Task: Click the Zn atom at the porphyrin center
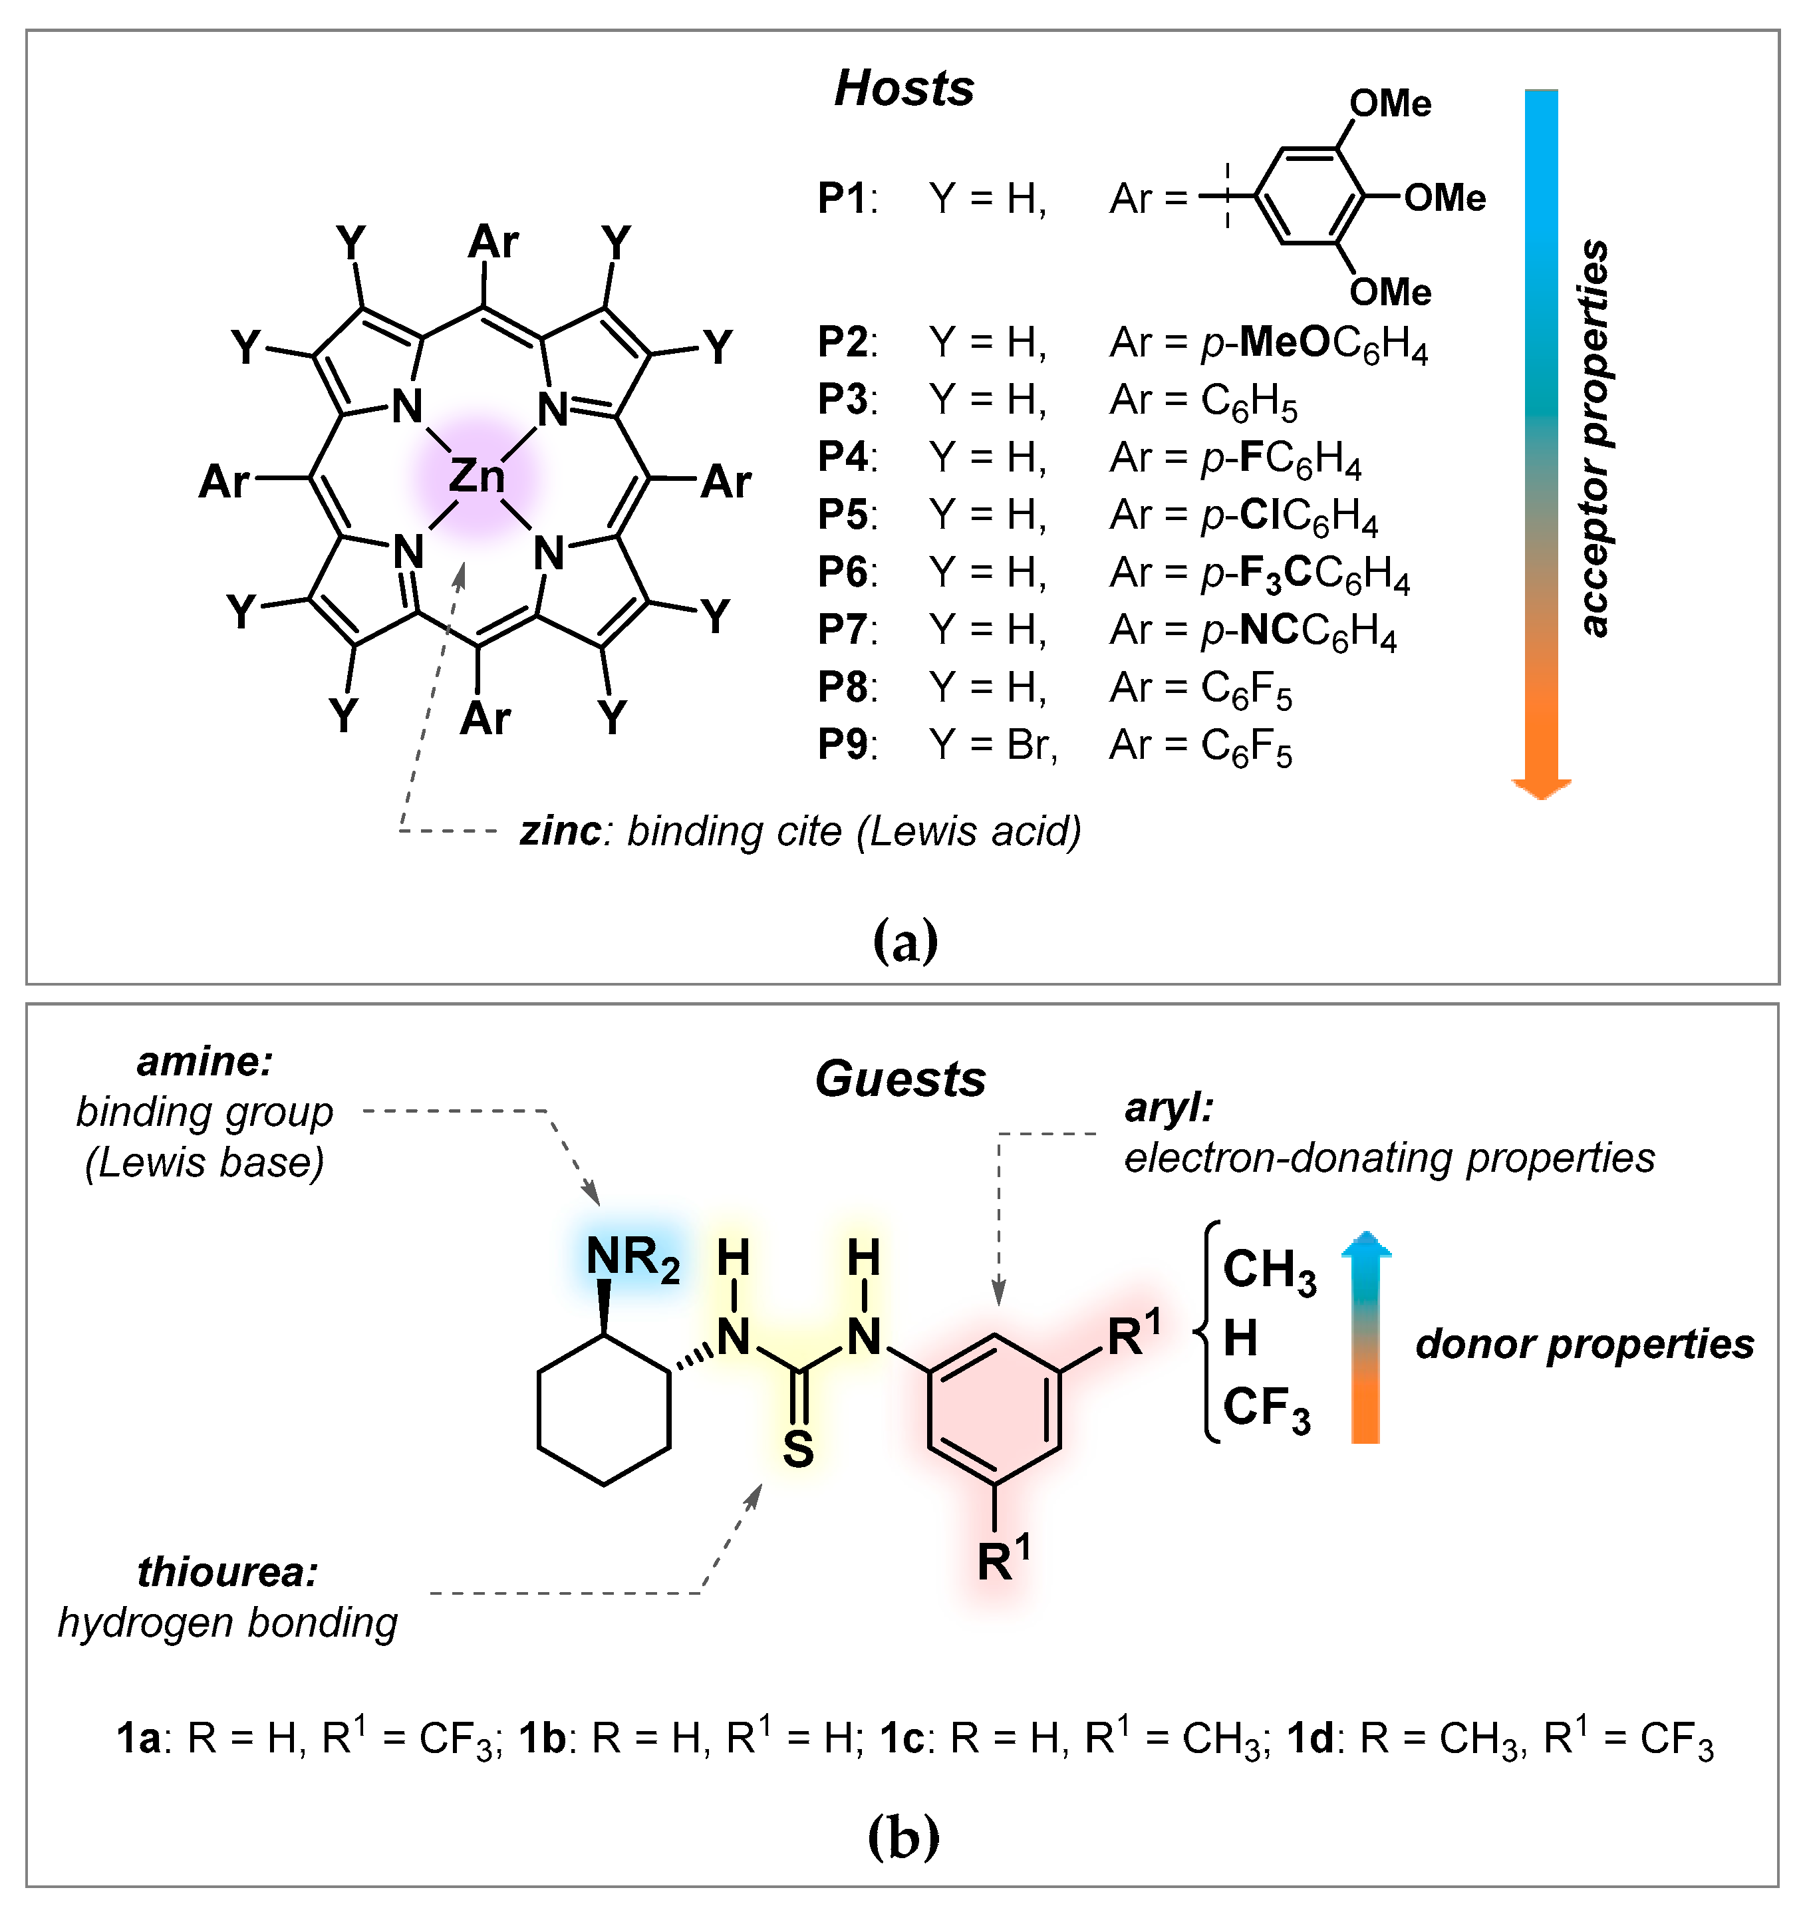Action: point(477,476)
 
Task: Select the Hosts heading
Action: point(903,88)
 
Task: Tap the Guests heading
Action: point(901,1079)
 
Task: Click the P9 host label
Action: point(843,745)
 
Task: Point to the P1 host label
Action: point(843,199)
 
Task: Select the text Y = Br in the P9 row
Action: point(992,745)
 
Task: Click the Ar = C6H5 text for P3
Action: point(1202,400)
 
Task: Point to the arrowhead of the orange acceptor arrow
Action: point(1540,787)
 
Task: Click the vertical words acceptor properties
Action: point(1594,437)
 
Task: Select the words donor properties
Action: point(1584,1344)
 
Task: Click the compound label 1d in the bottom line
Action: point(1309,1739)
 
